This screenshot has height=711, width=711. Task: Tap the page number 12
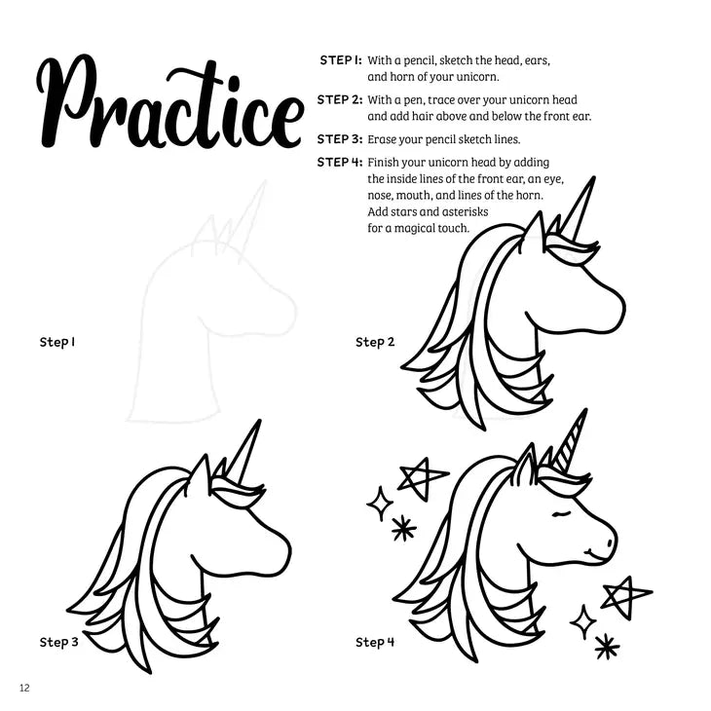click(x=24, y=688)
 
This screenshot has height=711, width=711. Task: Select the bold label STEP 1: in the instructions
click(x=341, y=59)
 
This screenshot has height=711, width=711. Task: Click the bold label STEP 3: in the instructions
click(x=340, y=138)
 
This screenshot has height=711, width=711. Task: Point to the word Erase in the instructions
click(x=382, y=139)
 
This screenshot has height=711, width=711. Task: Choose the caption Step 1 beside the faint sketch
click(x=57, y=342)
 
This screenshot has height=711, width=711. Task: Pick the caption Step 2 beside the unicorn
click(x=375, y=342)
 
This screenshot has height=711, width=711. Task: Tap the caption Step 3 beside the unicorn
click(x=59, y=642)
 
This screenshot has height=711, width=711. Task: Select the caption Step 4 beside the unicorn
click(x=375, y=642)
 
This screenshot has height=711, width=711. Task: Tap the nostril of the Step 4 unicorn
click(x=610, y=543)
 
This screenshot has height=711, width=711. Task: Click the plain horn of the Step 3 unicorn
click(x=244, y=450)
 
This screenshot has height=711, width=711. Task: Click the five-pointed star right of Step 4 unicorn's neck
click(x=622, y=596)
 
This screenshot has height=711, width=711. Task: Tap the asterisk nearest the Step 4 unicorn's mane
click(x=403, y=528)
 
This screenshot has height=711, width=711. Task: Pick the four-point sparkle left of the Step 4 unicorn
click(x=380, y=504)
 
